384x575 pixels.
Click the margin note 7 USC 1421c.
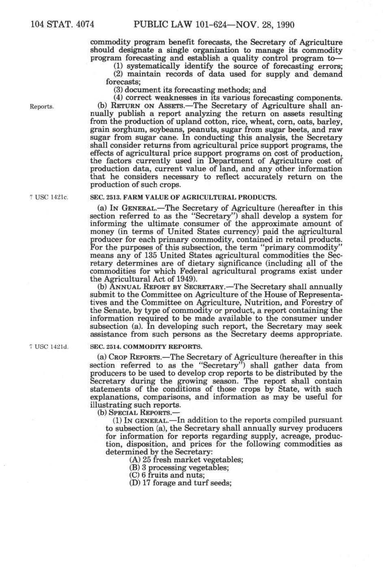coord(48,198)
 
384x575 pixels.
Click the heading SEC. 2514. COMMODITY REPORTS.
coord(145,347)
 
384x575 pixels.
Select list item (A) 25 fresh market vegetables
coord(186,460)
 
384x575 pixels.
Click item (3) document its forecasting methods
coord(189,90)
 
